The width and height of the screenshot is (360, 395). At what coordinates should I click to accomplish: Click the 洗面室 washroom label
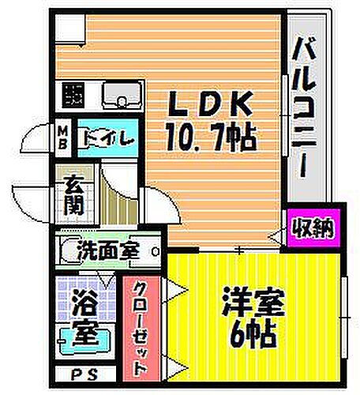click(108, 252)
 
